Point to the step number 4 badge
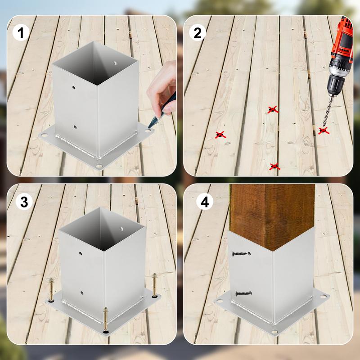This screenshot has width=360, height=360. [205, 202]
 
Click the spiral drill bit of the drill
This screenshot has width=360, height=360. [328, 110]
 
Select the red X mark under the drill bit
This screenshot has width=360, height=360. [323, 130]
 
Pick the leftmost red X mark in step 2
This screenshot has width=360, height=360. [220, 135]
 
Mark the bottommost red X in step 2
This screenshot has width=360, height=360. [274, 166]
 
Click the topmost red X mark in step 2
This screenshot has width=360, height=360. [272, 109]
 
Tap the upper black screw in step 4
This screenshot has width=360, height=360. [240, 254]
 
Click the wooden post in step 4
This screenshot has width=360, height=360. [272, 214]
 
